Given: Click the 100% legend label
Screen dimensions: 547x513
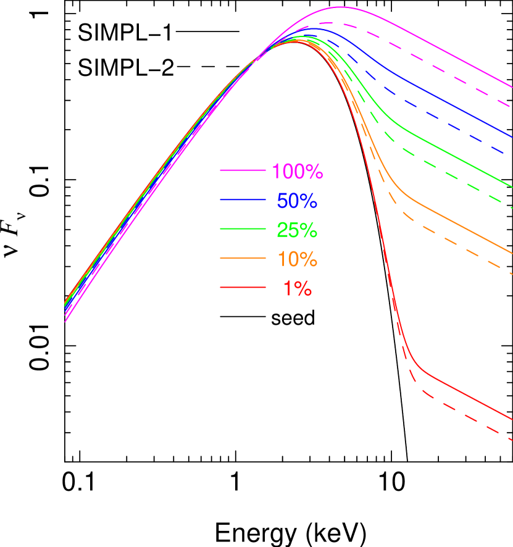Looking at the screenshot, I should tap(298, 172).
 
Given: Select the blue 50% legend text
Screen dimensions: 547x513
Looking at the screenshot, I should tap(297, 201).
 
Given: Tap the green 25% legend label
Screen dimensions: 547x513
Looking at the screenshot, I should tap(297, 230).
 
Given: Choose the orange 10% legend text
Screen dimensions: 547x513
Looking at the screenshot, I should tap(297, 259).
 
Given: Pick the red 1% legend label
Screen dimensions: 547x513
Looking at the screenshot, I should tap(297, 288).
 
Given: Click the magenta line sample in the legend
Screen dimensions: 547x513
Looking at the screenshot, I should tap(243, 170).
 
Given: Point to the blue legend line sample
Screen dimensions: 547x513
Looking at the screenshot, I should tap(243, 199).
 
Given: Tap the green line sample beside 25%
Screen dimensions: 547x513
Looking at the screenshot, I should tap(243, 229).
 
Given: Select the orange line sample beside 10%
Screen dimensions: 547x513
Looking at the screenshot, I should tap(243, 258).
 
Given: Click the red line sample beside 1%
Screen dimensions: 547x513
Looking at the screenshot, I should tap(243, 287).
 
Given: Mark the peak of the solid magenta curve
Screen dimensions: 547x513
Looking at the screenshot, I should tap(340, 7).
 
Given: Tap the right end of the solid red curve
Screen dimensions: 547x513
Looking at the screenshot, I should tap(512, 420).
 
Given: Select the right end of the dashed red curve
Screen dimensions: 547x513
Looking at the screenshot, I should tap(512, 440).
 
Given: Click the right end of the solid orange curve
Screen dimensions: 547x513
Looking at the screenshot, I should tap(512, 253).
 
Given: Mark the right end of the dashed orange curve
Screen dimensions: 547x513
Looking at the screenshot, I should tap(512, 273).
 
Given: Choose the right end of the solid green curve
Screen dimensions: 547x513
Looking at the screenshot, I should tap(512, 187).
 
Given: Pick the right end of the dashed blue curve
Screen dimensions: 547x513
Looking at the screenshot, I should tap(512, 154).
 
